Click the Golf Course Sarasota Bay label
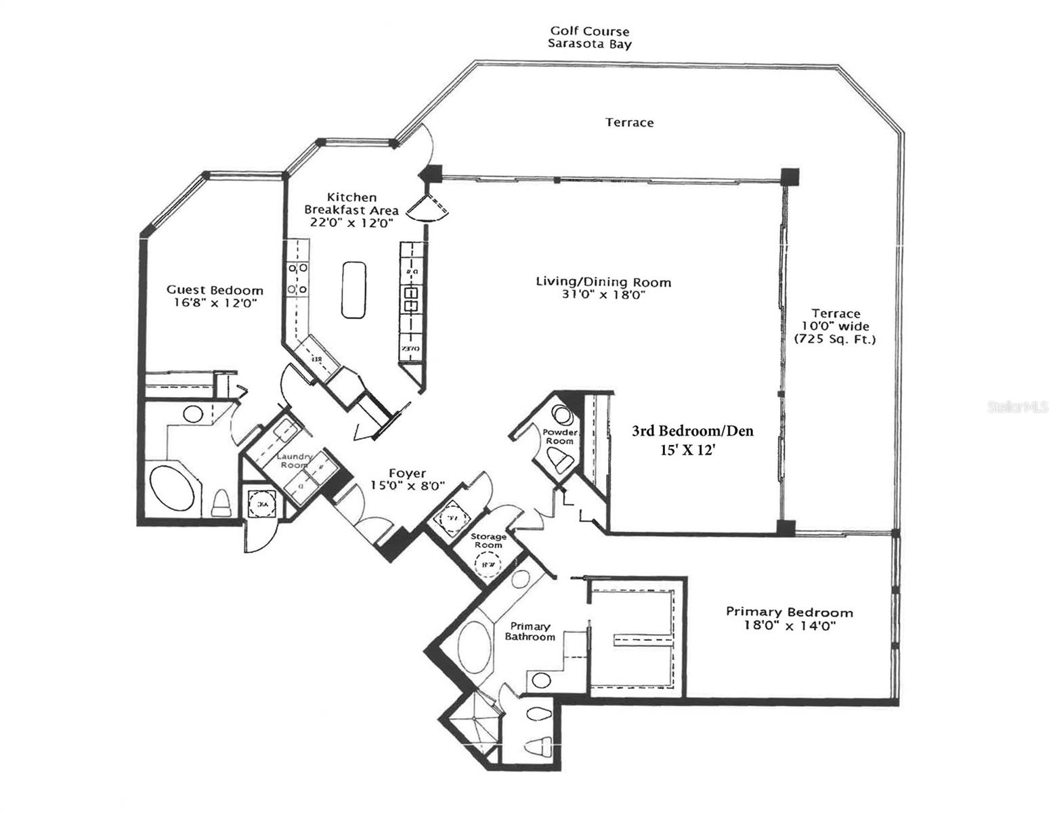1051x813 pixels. (589, 38)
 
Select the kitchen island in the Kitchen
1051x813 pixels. (353, 290)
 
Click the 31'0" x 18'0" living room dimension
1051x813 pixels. (603, 295)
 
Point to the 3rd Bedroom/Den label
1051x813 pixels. (692, 431)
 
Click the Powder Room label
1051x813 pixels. (560, 436)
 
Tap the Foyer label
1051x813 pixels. (407, 473)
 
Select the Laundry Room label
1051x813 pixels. (294, 461)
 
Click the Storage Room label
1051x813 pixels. (488, 540)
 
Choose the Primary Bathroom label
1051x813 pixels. (530, 631)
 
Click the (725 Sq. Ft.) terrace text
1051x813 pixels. (835, 339)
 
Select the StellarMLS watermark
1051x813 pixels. (1018, 407)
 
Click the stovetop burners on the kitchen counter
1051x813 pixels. (297, 278)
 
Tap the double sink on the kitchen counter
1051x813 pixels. (411, 299)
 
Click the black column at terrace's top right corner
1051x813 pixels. (789, 177)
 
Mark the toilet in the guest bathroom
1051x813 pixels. (221, 504)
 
